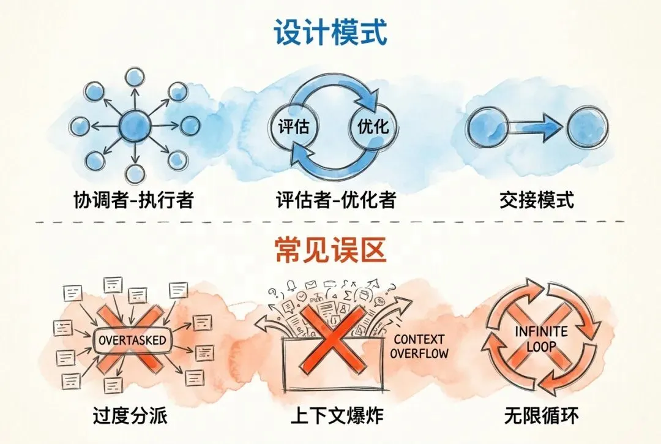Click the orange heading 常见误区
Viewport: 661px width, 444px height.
(330, 251)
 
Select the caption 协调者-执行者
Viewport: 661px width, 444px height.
(133, 199)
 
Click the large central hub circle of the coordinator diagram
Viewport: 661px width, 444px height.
(134, 127)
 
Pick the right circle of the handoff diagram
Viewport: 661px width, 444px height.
(586, 127)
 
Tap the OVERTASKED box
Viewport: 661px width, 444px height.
(132, 339)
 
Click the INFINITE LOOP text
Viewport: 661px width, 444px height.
(541, 339)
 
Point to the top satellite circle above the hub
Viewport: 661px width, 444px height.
(134, 77)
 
